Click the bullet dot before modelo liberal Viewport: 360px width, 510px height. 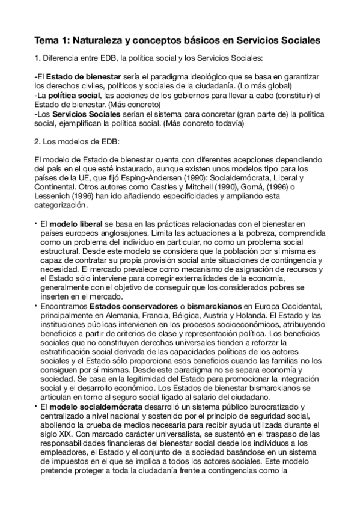pyautogui.click(x=37, y=223)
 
